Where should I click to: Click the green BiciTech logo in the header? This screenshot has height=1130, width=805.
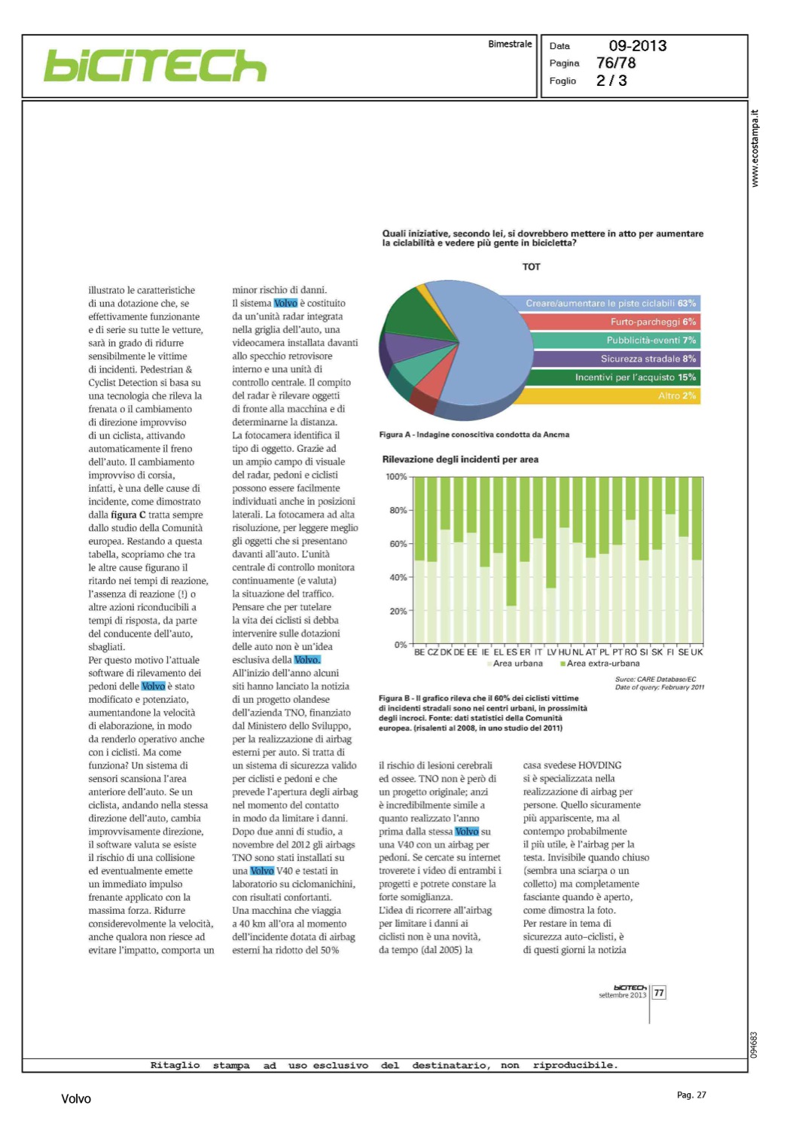coord(155,66)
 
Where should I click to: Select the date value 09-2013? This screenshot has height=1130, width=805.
coord(637,46)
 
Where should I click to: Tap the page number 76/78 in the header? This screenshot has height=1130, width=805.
coord(616,63)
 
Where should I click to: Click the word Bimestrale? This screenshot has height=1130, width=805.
coord(510,44)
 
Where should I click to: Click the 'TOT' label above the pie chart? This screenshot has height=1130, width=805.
coord(532,267)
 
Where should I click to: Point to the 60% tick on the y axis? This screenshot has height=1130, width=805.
coord(398,544)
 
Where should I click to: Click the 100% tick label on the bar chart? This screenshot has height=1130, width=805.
coord(396,477)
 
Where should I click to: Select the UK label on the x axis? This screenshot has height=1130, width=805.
coord(697,652)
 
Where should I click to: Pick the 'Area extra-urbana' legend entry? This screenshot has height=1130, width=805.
coord(600,664)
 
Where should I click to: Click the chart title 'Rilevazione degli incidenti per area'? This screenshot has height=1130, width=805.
coord(460,460)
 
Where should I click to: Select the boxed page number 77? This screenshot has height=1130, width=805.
coord(659,993)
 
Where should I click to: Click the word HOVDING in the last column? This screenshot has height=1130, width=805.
coord(599,765)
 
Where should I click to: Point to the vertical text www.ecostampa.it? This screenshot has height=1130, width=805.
coord(755,148)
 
